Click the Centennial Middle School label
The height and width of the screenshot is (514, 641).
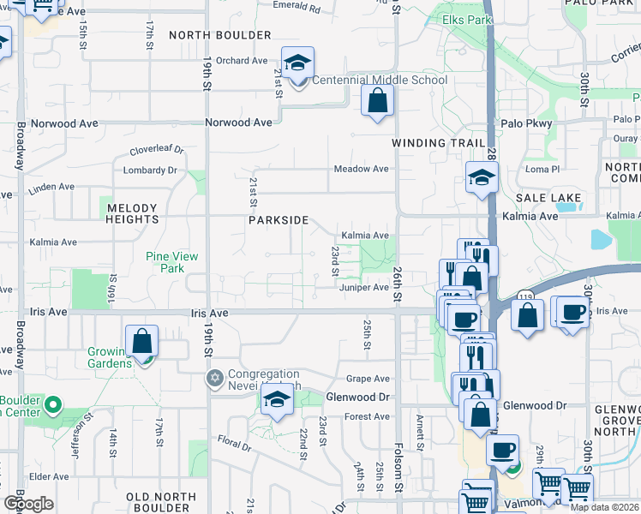pos(379,81)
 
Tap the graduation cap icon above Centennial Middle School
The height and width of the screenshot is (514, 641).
pos(297,63)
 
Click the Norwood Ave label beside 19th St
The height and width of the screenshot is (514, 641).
pos(239,123)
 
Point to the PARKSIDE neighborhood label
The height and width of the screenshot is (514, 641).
pos(279,220)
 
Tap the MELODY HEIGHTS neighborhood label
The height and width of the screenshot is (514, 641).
pos(131,213)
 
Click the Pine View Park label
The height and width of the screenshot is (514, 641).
pos(172,262)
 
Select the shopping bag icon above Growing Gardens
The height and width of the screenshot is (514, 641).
pos(142,341)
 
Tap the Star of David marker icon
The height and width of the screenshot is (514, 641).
pos(214,378)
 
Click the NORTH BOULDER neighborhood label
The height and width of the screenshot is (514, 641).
pos(220,35)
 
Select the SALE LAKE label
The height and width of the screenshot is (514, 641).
pos(554,198)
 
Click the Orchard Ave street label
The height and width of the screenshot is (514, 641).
pos(242,61)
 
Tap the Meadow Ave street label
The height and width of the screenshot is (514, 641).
pos(362,169)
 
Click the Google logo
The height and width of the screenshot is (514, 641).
pos(27,504)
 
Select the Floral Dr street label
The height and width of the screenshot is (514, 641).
pos(233,445)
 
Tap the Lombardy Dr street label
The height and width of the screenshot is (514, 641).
pos(150,170)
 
